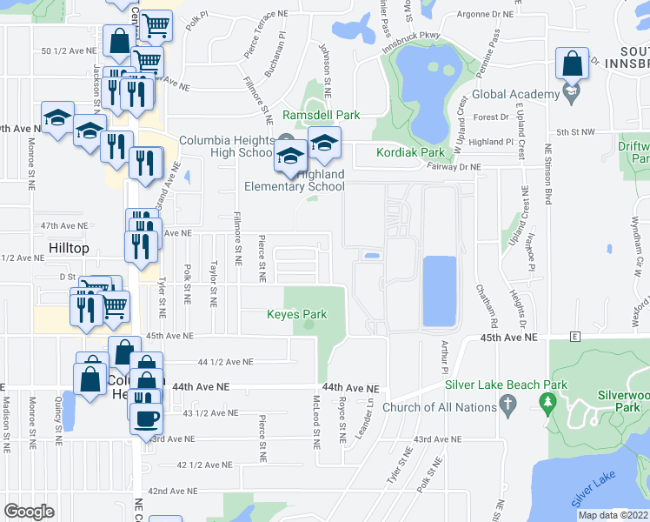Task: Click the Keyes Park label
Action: point(297,314)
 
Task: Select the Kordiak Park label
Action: point(410,153)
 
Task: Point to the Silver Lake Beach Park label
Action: point(506,385)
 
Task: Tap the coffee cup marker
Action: point(145,418)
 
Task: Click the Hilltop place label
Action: point(69,248)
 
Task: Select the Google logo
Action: point(29,511)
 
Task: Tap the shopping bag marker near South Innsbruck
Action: point(573,64)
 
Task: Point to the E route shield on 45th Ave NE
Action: point(574,336)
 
